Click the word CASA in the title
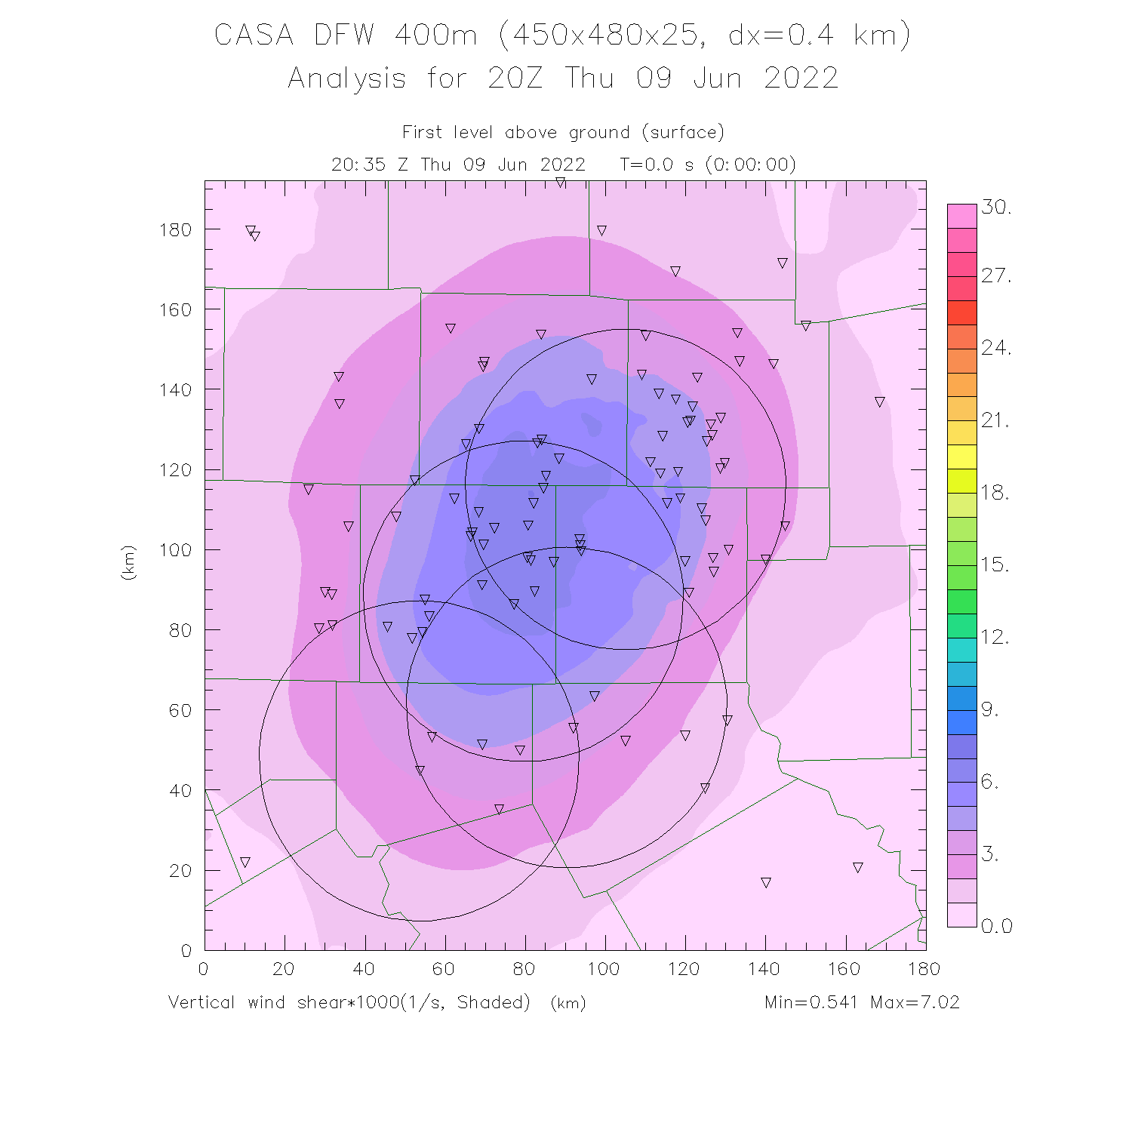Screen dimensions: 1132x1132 pos(254,35)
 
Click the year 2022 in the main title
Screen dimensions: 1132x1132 pos(801,78)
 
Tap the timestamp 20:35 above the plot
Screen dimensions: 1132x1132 pos(358,165)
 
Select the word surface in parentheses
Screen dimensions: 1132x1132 pos(683,133)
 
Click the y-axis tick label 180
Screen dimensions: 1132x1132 pos(176,229)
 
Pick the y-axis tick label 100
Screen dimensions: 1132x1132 pos(176,549)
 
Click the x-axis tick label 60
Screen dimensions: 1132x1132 pos(444,969)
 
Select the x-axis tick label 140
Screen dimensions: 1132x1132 pos(764,969)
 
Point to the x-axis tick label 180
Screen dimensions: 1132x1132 pos(924,969)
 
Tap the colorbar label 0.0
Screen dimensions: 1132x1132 pos(997,926)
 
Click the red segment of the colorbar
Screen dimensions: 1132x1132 pos(962,312)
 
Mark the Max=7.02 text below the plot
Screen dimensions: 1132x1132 pos(915,1002)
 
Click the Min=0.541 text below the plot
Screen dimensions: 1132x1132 pos(811,1002)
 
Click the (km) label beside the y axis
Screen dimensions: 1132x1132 pos(128,562)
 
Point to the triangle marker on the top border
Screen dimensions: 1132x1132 pos(561,183)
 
